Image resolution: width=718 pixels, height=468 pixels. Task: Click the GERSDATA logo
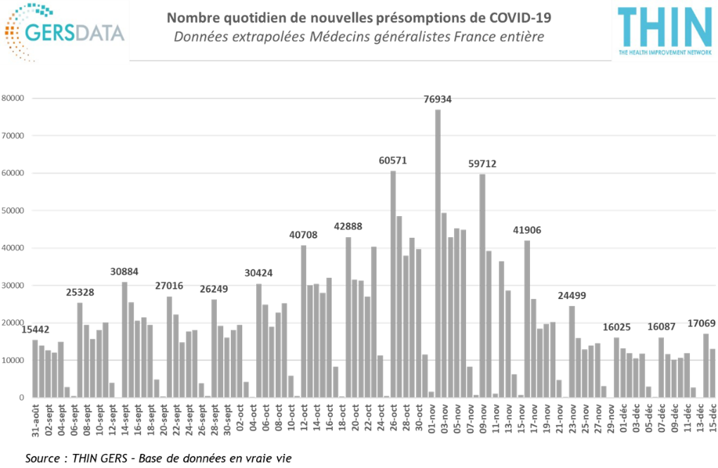click(65, 31)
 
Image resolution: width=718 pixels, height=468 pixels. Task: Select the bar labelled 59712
click(482, 285)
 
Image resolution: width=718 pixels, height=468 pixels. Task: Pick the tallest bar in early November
click(437, 253)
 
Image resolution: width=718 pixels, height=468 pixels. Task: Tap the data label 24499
click(572, 295)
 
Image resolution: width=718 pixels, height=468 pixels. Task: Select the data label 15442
click(35, 329)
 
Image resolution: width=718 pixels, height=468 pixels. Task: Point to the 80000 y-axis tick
click(13, 99)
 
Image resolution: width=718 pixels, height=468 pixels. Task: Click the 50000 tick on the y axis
click(13, 210)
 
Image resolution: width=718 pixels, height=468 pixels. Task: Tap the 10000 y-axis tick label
click(13, 360)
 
